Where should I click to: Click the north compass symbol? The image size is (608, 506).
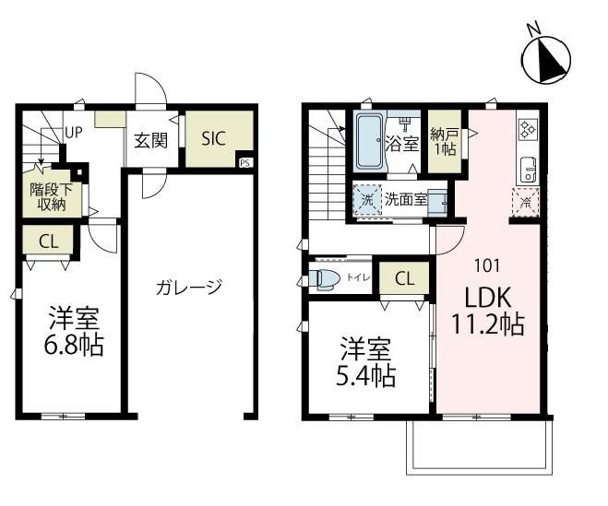tap(546, 58)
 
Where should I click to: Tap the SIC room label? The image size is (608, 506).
tap(214, 138)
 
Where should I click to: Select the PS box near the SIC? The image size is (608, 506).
tap(244, 163)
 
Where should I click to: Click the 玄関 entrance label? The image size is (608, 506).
tap(150, 141)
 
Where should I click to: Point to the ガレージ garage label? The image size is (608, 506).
tap(189, 287)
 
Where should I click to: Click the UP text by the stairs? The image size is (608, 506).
tap(74, 133)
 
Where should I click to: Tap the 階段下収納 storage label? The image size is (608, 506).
tap(52, 197)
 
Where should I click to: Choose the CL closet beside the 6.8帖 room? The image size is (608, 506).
tap(49, 242)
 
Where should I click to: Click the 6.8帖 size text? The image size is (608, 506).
tap(74, 346)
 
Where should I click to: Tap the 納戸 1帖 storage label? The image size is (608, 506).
tap(445, 142)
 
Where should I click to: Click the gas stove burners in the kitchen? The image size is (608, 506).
tap(528, 129)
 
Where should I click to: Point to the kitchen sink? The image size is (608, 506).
tap(528, 170)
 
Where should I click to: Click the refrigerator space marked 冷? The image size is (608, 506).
tap(526, 202)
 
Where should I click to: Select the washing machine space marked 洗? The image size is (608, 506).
tap(367, 200)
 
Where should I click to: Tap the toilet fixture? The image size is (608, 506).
tap(324, 279)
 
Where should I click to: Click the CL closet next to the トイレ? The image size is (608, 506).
tap(405, 278)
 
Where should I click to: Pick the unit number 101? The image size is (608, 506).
tap(487, 265)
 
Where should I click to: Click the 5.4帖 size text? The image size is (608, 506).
tap(365, 377)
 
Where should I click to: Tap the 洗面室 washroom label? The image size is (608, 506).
tap(406, 199)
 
